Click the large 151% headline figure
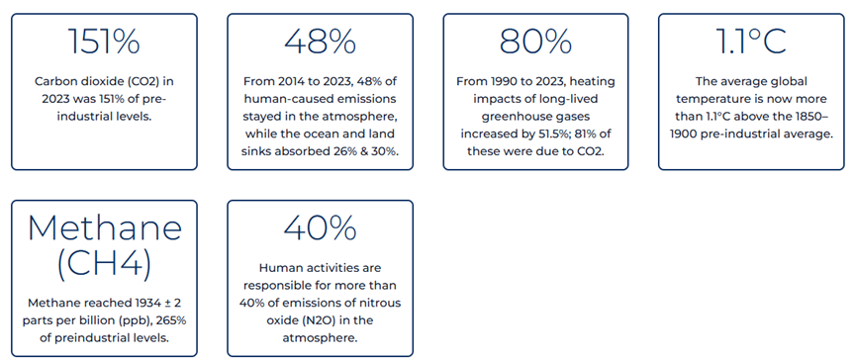point(104,42)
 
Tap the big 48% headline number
point(320,42)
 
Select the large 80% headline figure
point(535,42)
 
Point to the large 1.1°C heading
point(751,42)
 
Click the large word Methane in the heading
point(104,228)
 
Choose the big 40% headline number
point(320,228)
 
